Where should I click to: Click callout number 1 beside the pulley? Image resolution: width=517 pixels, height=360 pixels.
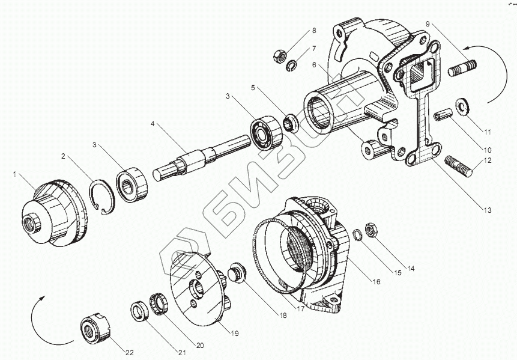click(14, 174)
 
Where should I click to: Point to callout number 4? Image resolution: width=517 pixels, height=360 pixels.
click(153, 124)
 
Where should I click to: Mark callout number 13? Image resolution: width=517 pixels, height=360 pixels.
click(487, 210)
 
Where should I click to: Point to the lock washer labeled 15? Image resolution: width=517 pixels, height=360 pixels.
click(357, 234)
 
